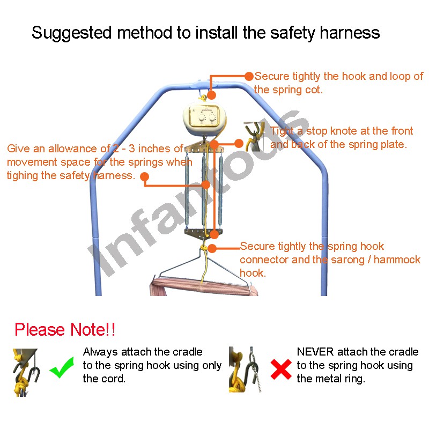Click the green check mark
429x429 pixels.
(62, 367)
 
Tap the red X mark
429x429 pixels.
(281, 369)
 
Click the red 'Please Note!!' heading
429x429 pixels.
(65, 329)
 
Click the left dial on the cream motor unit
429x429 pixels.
(202, 118)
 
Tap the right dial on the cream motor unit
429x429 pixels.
(212, 118)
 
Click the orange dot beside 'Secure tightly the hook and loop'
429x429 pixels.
(249, 76)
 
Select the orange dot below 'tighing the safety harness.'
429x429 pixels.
(144, 176)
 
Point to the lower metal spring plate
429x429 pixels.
(204, 234)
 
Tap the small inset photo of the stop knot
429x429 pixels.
(254, 137)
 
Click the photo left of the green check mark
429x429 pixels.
(26, 372)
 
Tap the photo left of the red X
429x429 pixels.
(245, 369)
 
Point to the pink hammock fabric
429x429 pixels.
(204, 286)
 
